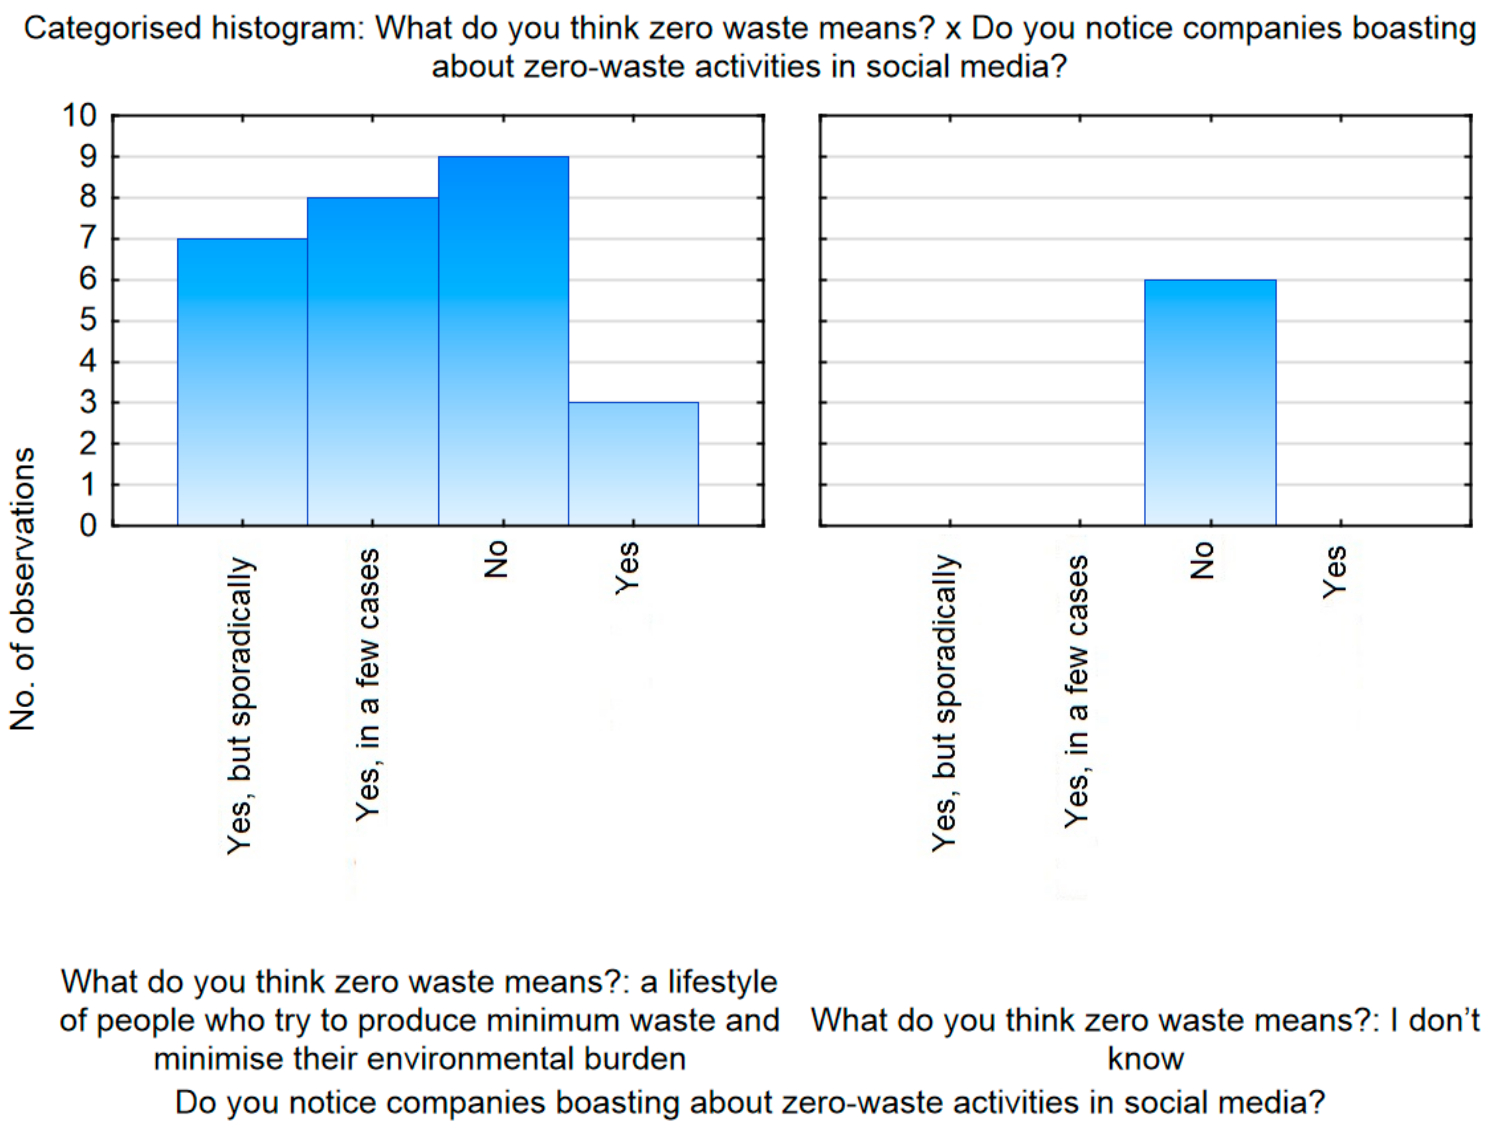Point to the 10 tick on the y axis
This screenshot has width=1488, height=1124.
[80, 116]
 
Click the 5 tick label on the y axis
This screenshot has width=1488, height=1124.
[88, 320]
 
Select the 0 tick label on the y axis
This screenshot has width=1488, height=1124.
[88, 526]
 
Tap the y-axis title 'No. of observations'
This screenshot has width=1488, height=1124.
[23, 589]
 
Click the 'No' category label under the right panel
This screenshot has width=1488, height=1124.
[1202, 560]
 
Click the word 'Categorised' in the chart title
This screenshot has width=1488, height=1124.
[112, 29]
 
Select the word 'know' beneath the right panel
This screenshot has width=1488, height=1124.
[1146, 1059]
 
